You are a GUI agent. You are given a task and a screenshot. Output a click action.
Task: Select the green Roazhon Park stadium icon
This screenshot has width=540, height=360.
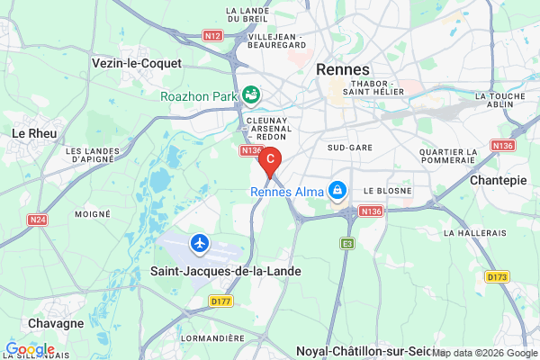pyautogui.click(x=251, y=94)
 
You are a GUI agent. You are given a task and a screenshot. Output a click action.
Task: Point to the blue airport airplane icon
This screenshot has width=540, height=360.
pyautogui.click(x=200, y=243)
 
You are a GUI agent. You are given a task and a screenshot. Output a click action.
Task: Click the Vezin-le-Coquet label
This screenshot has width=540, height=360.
pyautogui.click(x=137, y=64)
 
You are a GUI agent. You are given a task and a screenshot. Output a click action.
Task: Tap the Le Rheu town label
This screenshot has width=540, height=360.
pyautogui.click(x=34, y=133)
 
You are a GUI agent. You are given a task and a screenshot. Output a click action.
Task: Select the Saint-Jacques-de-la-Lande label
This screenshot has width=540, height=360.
pyautogui.click(x=224, y=271)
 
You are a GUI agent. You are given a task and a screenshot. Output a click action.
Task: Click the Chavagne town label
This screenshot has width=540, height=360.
pyautogui.click(x=56, y=323)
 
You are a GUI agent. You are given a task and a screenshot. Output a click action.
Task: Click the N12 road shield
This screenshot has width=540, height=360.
pyautogui.click(x=212, y=36)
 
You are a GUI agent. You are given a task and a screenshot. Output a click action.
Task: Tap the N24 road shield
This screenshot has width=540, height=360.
pyautogui.click(x=37, y=220)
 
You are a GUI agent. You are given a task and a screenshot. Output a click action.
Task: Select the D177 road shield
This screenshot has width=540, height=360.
pyautogui.click(x=220, y=301)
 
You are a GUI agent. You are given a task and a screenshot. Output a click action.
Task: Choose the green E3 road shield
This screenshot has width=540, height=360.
pyautogui.click(x=347, y=243)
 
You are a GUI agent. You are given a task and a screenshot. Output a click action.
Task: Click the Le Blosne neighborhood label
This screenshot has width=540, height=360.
pyautogui.click(x=387, y=192)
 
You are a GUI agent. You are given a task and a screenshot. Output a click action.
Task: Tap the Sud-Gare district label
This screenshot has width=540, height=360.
pyautogui.click(x=346, y=146)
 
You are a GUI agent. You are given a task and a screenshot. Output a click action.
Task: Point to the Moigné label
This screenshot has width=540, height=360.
pyautogui.click(x=93, y=214)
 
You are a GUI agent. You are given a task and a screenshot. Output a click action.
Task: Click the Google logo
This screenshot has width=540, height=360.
pyautogui.click(x=30, y=349)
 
